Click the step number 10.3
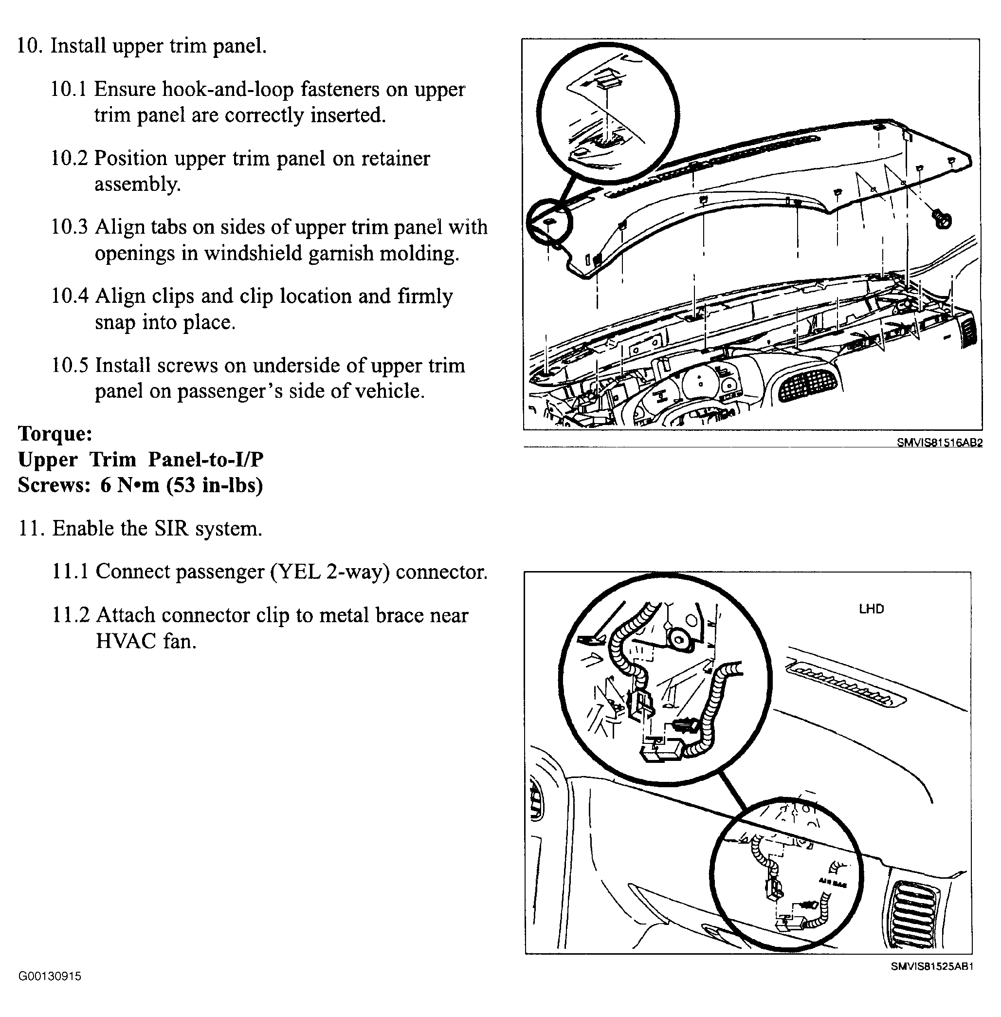click(x=69, y=227)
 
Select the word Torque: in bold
click(x=55, y=433)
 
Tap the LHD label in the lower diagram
click(x=871, y=609)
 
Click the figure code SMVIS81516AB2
click(x=939, y=443)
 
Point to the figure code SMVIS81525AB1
click(x=931, y=966)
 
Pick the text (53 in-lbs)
click(x=214, y=485)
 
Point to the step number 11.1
click(x=70, y=572)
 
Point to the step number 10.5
click(x=70, y=366)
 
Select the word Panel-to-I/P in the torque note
click(x=205, y=459)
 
